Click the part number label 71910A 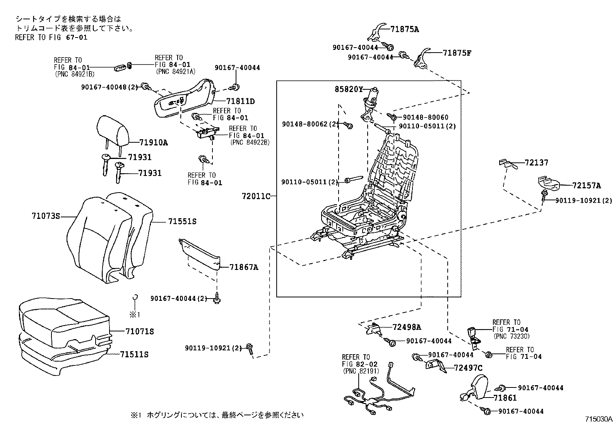tap(153, 142)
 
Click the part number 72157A tap(587, 186)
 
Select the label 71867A tap(243, 267)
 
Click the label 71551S tap(182, 222)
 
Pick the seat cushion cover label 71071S tap(139, 331)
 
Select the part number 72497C tap(468, 368)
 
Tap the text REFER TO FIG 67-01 tap(51, 38)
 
